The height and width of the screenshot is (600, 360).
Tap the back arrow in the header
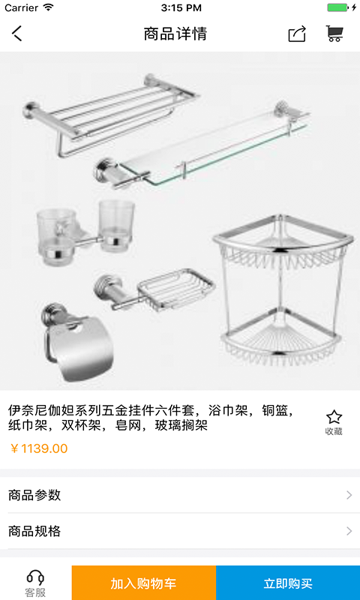[17, 34]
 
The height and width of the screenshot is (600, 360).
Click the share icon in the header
[297, 34]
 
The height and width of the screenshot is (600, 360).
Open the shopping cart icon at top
[334, 34]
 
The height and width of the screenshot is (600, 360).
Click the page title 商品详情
[175, 34]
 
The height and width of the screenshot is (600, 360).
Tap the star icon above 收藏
[334, 417]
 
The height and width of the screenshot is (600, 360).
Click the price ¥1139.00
[39, 448]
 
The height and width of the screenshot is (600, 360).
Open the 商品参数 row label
[34, 495]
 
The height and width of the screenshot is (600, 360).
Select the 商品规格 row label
[34, 531]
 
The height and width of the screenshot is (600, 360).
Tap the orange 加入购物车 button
[144, 583]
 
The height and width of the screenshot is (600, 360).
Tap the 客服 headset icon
[35, 577]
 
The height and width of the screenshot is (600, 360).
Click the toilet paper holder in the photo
[79, 343]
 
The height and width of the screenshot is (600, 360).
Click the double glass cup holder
[85, 232]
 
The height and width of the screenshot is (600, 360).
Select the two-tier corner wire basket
[282, 289]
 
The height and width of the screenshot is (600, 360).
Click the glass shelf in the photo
[202, 145]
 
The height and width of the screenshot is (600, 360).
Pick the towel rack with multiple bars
[111, 115]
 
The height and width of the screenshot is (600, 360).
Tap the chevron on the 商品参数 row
[349, 495]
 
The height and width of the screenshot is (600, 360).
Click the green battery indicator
[337, 7]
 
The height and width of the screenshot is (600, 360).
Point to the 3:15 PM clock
[181, 7]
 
